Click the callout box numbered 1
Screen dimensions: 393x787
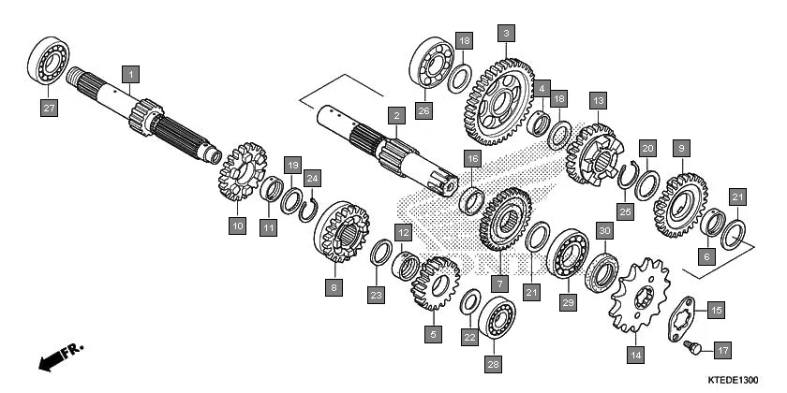(132, 72)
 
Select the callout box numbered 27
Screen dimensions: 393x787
(49, 109)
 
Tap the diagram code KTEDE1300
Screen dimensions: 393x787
(734, 380)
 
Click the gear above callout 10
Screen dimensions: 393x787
(242, 171)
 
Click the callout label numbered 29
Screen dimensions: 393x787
(566, 302)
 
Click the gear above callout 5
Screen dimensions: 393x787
(435, 283)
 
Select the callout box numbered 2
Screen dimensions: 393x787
(397, 115)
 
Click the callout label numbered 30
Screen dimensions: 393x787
(604, 231)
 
